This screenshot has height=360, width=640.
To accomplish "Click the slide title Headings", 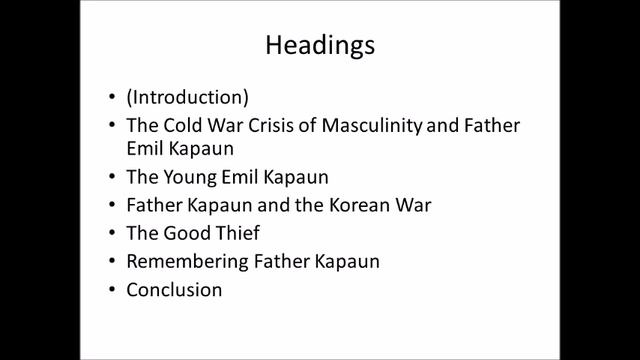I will point(319,47).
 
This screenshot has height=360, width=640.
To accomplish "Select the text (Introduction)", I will point(187,98).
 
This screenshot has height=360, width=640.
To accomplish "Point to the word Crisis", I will point(259,126).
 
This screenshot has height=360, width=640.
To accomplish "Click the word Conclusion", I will point(174,290).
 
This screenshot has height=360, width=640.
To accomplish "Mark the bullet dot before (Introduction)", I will point(111,99).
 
